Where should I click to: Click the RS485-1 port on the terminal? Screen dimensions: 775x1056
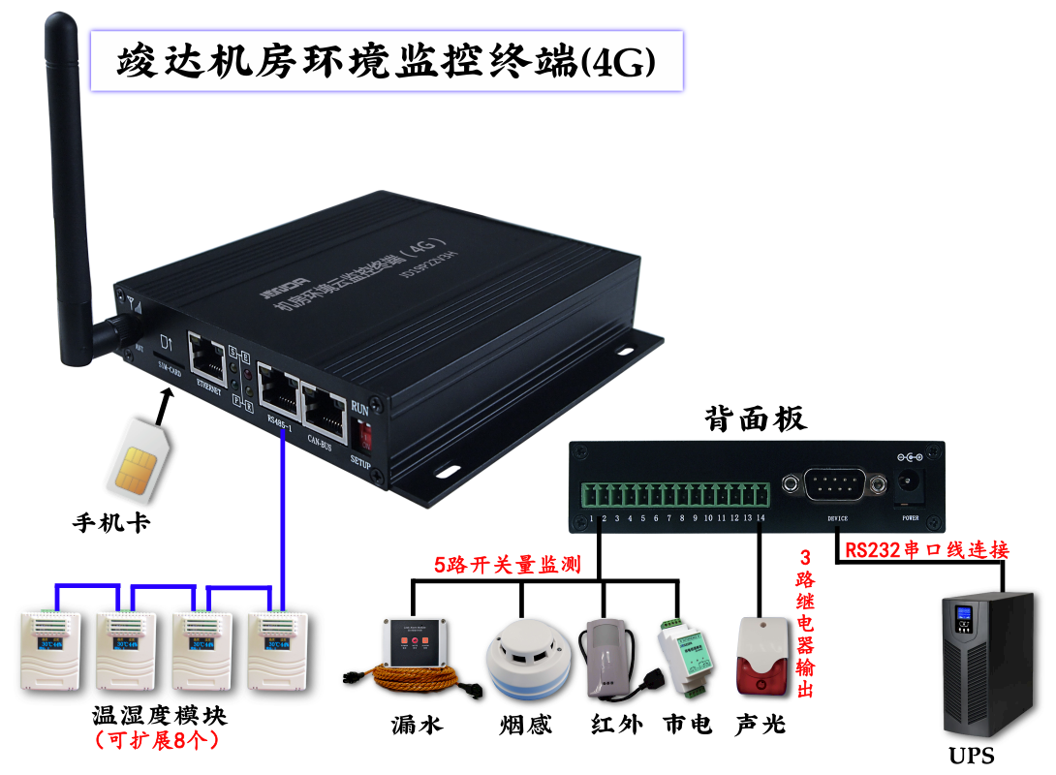(x=280, y=389)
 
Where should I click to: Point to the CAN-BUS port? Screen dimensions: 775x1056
(x=325, y=406)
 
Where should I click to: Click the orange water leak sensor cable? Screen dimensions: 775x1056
(x=412, y=679)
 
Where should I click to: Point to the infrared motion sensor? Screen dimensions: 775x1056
(x=604, y=658)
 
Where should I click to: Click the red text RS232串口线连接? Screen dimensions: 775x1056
(x=926, y=550)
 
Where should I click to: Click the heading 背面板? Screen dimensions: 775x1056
(x=755, y=418)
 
